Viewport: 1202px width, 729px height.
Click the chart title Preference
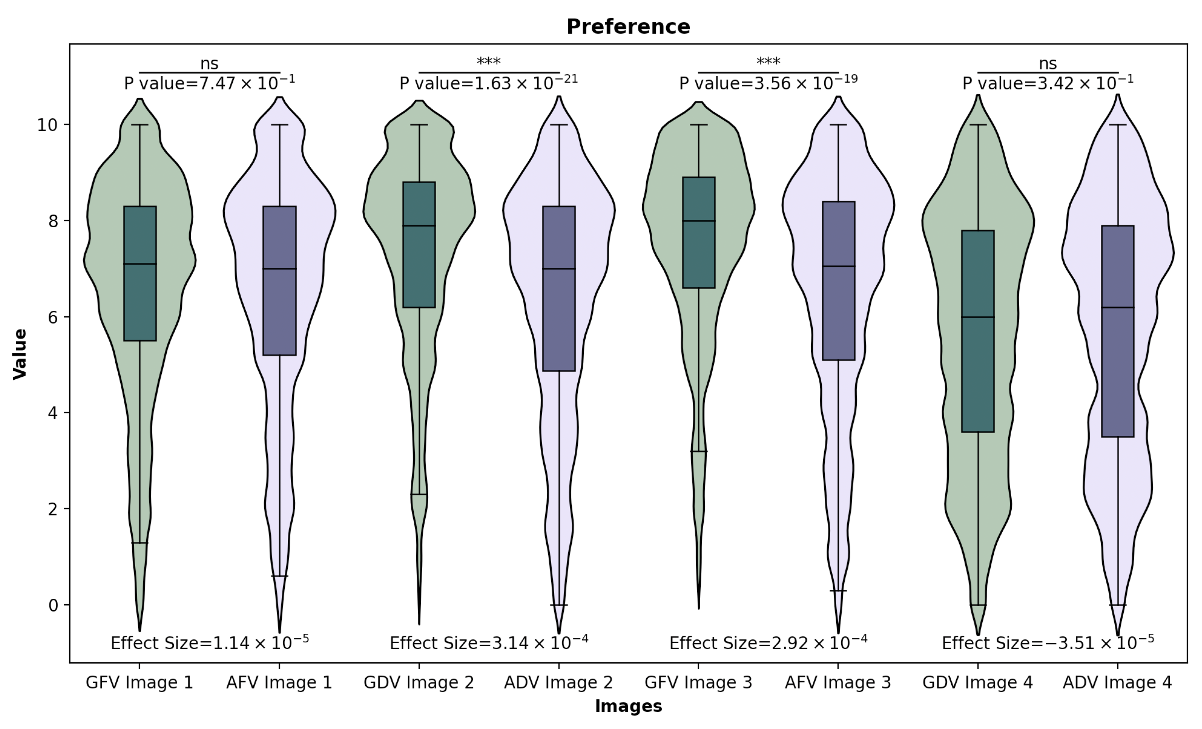tap(628, 27)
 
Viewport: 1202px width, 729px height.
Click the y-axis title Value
tap(19, 353)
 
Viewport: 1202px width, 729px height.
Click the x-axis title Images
tap(628, 706)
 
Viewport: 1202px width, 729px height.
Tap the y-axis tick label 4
tap(53, 413)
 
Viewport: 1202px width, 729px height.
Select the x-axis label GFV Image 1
tap(139, 682)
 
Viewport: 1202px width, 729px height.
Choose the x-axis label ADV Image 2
tap(559, 682)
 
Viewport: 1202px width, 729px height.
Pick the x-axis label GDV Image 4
tap(978, 682)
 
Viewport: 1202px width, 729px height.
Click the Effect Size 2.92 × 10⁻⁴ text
tap(768, 643)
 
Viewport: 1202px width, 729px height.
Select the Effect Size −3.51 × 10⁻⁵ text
tap(1048, 643)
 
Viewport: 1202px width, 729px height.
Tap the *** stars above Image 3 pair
tap(768, 62)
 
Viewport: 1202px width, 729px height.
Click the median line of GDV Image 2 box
tap(419, 226)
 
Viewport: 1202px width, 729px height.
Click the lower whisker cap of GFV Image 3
tap(698, 452)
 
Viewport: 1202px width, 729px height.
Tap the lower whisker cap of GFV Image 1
tap(139, 543)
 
